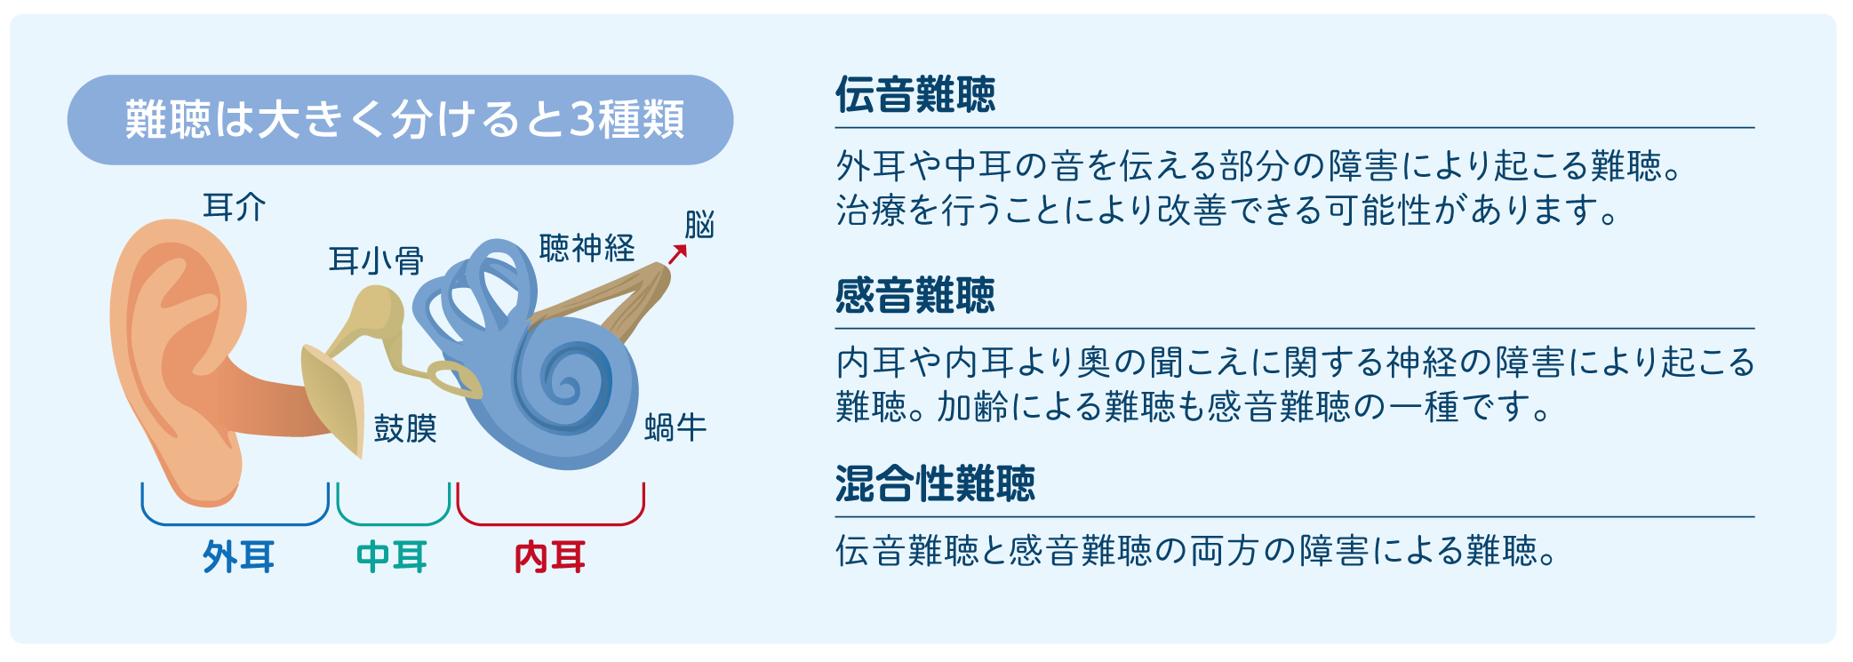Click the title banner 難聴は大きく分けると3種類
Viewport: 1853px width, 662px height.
click(x=400, y=120)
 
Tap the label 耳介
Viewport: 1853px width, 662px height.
click(x=235, y=207)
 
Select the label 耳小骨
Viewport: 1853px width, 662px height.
click(x=376, y=260)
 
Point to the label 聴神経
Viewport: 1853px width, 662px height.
click(x=587, y=248)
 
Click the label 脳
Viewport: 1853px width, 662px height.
click(x=700, y=225)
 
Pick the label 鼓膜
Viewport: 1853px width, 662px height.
click(x=405, y=428)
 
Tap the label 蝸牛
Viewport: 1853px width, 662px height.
click(x=675, y=427)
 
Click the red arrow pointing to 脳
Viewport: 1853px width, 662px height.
click(x=678, y=254)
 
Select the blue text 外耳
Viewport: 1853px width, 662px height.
click(x=238, y=557)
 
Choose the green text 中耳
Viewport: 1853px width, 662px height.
click(x=392, y=557)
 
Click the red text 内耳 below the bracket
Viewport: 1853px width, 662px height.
click(x=550, y=557)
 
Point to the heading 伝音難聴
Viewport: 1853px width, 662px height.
click(x=915, y=94)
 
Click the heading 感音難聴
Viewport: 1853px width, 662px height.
click(x=915, y=295)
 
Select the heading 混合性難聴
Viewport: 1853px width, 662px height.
click(x=935, y=483)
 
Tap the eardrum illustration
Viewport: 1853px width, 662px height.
click(x=332, y=400)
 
